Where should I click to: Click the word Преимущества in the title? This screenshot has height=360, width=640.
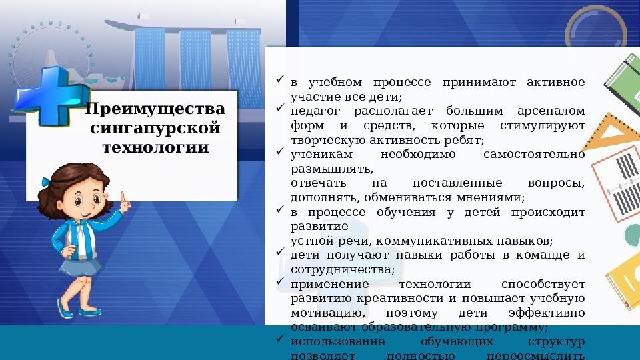pos(155,108)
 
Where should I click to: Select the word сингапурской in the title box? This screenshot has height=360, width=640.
pos(155,127)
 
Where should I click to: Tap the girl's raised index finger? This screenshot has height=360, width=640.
pos(123,198)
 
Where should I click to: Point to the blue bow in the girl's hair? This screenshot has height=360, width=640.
pos(45,181)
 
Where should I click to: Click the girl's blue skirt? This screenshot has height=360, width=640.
pos(82,266)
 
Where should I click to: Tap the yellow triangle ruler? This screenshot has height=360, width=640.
pos(610,133)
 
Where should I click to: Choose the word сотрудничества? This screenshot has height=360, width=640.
pos(342,269)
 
